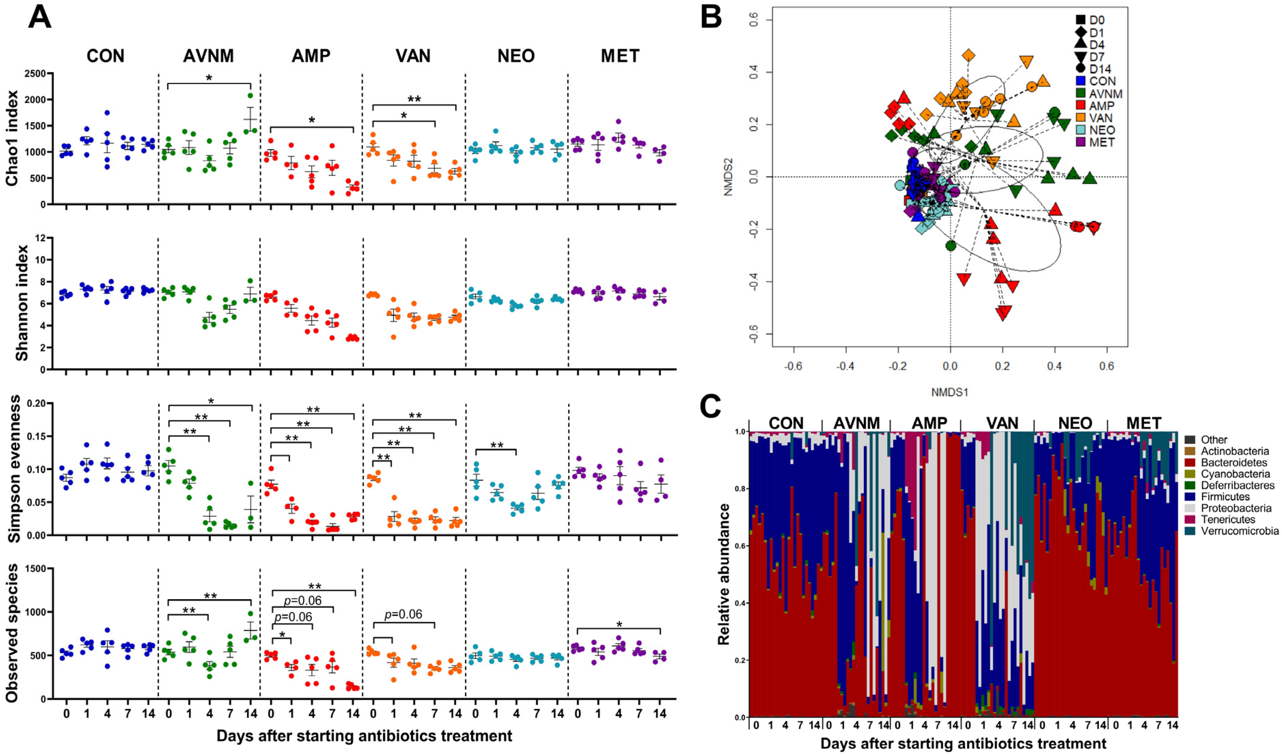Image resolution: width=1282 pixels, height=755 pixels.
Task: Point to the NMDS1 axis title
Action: (949, 392)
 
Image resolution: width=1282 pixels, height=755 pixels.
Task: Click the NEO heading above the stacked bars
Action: (1075, 423)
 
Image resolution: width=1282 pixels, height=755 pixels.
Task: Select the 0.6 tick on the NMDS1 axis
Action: (1106, 366)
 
